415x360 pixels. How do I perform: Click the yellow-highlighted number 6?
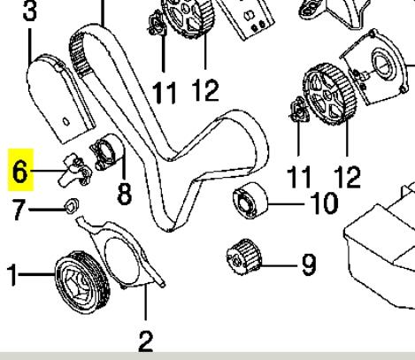[20, 172]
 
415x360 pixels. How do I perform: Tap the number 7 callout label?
[19, 210]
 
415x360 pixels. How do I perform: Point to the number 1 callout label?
[12, 275]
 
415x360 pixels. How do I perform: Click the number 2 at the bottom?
[146, 341]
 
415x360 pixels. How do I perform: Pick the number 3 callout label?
[30, 11]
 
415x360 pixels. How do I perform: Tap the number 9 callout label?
[309, 265]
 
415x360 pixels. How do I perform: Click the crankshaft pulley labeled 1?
[82, 282]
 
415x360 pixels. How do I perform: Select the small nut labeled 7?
[72, 206]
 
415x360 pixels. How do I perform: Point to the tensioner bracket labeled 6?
[76, 171]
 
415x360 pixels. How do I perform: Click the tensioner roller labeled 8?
[105, 152]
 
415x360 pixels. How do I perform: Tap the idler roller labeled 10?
[250, 201]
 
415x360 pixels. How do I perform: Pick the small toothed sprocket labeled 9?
[243, 257]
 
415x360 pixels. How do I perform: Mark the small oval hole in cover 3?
[66, 121]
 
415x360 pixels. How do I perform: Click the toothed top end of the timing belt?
[77, 53]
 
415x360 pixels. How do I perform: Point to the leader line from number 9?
[279, 266]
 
